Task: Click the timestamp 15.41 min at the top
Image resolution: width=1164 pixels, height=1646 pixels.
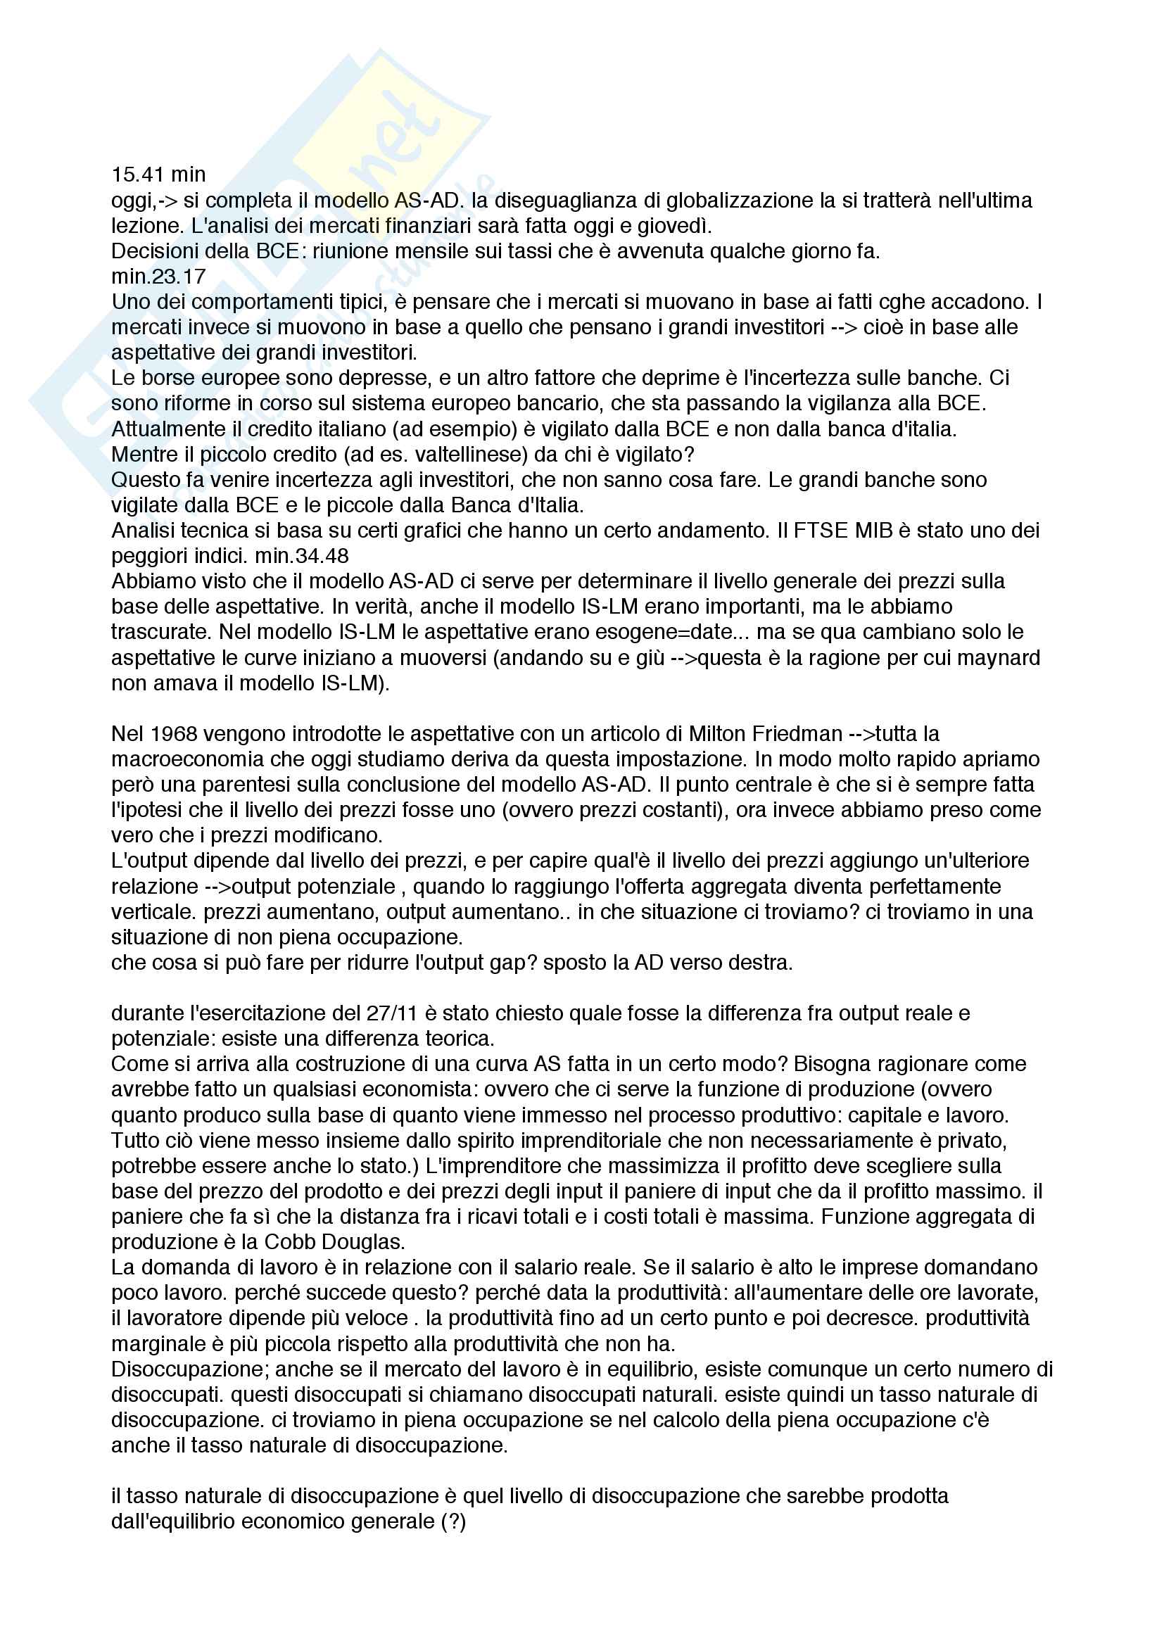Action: pyautogui.click(x=158, y=175)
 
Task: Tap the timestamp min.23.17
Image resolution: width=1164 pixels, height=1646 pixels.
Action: pyautogui.click(x=158, y=276)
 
